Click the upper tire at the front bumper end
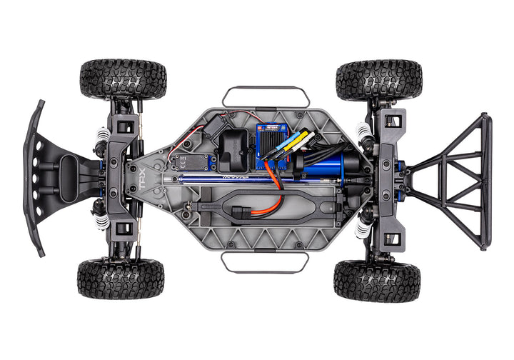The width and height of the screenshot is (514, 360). click(123, 79)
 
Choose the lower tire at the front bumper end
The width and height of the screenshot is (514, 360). click(121, 279)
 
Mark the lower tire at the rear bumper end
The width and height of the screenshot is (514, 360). click(376, 281)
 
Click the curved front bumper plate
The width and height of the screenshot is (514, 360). click(36, 179)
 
